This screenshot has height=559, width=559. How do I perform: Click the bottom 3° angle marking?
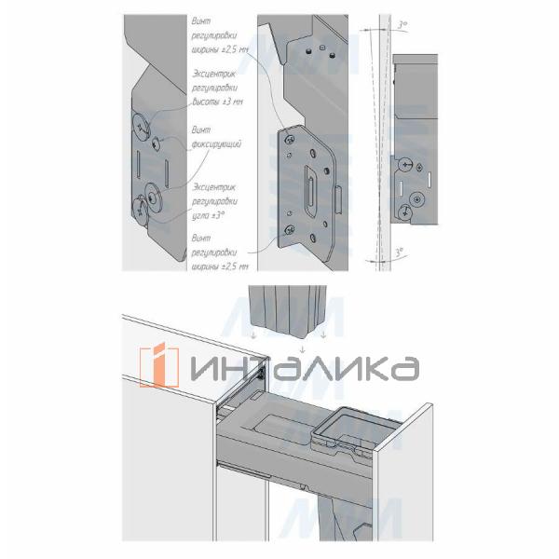coord(400,252)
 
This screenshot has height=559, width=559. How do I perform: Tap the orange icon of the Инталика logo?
coord(158,365)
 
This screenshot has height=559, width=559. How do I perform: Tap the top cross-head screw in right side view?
coord(405,164)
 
